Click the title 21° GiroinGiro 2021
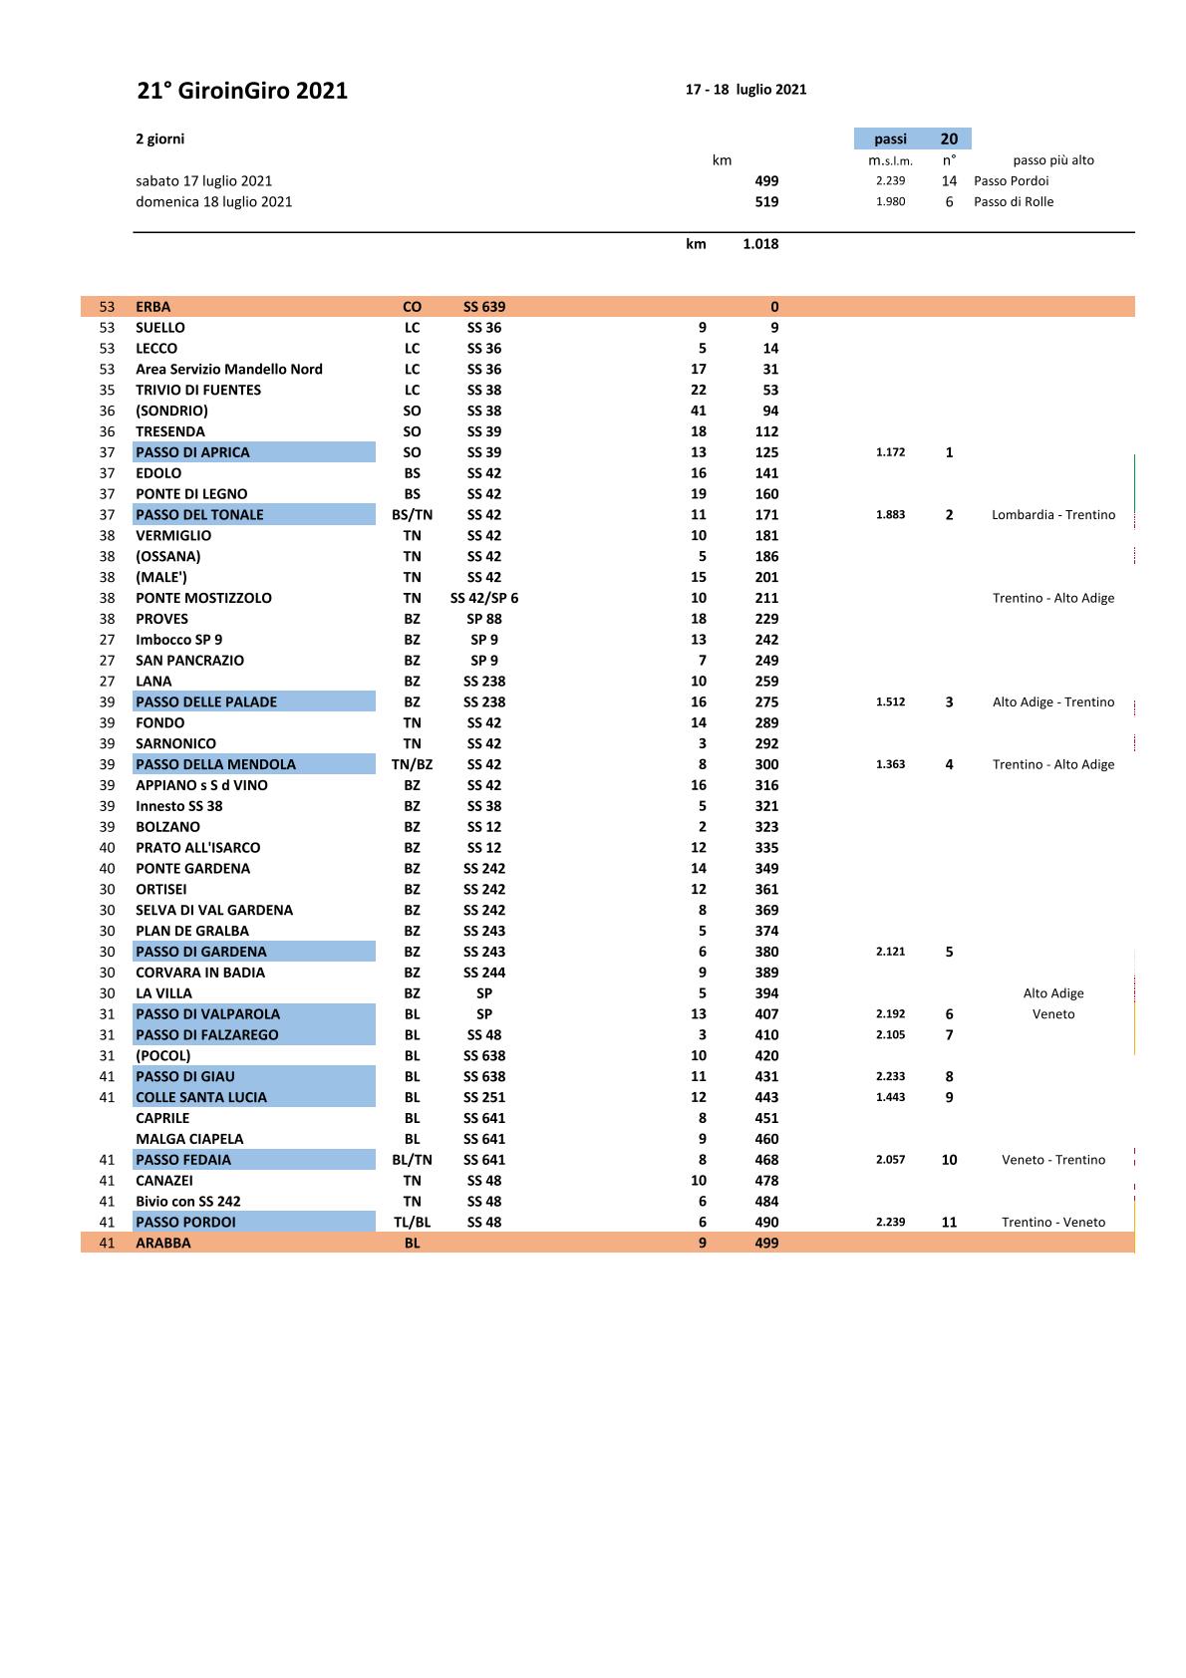(242, 91)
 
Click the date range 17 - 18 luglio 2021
(745, 90)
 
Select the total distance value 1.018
(760, 244)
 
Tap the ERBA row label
(153, 307)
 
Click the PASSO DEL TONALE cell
(199, 515)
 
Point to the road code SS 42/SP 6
(484, 598)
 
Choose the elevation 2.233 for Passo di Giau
(890, 1076)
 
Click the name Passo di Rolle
(1013, 201)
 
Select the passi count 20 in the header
(949, 140)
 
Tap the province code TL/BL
(412, 1223)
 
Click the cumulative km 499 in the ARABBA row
(766, 1244)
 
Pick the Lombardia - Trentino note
(1053, 515)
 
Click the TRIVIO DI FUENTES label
(198, 391)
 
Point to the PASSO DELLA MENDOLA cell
(215, 764)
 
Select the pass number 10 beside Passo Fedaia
(949, 1160)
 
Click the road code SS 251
(484, 1097)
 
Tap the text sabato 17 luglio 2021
(203, 181)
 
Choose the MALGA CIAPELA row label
(189, 1139)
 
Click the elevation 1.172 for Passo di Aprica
(890, 452)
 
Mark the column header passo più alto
(1052, 160)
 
